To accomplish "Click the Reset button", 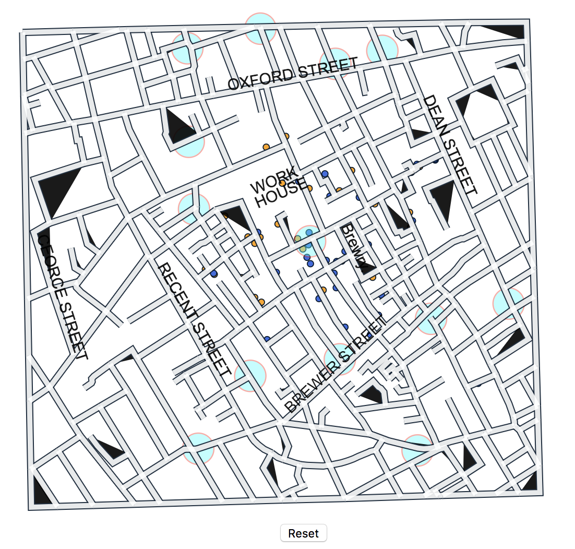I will [303, 533].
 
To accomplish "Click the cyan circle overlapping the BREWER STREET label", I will [340, 359].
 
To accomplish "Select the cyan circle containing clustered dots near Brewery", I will [309, 241].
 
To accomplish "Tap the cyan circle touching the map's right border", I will [508, 303].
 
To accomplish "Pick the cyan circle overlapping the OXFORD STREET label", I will [334, 63].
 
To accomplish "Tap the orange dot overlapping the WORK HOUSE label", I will [282, 183].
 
